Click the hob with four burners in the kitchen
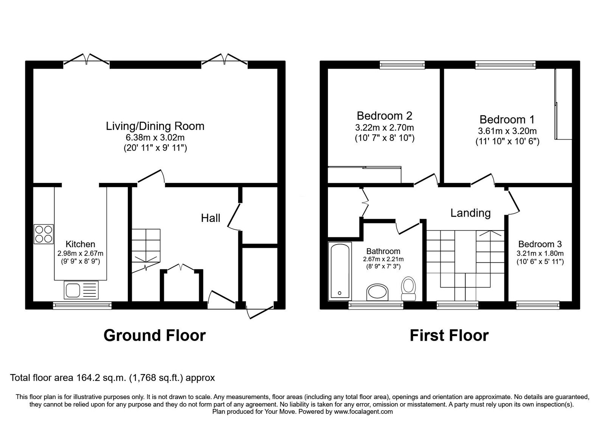click(x=44, y=234)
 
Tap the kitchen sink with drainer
click(x=81, y=290)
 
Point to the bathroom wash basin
click(x=377, y=293)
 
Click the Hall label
click(x=211, y=218)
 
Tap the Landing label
click(x=470, y=213)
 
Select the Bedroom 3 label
click(x=540, y=244)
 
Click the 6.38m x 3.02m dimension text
click(x=155, y=137)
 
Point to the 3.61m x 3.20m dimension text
click(x=507, y=131)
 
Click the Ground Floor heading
click(x=154, y=335)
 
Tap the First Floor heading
click(x=449, y=335)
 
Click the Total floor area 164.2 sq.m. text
click(x=112, y=377)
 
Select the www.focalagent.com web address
click(x=363, y=412)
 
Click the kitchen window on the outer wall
click(x=82, y=305)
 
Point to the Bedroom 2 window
click(x=402, y=65)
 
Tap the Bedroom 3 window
click(x=538, y=305)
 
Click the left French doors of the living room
click(x=87, y=60)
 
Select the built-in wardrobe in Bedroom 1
click(x=563, y=104)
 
